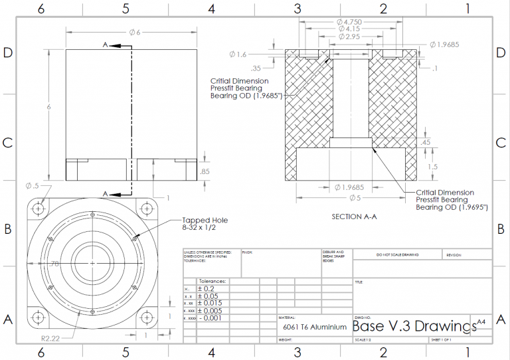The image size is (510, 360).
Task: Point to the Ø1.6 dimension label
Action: (x=238, y=54)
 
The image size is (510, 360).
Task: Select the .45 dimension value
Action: (x=425, y=142)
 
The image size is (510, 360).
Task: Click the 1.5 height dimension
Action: (x=433, y=167)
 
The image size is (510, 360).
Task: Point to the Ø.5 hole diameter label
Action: (x=32, y=186)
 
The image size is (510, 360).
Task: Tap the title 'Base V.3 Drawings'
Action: (x=414, y=327)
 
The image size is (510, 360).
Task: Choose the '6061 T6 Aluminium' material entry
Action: (x=315, y=327)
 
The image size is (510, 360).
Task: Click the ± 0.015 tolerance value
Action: (x=211, y=303)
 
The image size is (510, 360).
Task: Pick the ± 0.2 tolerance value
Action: (x=207, y=289)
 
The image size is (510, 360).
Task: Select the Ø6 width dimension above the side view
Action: (x=133, y=32)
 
